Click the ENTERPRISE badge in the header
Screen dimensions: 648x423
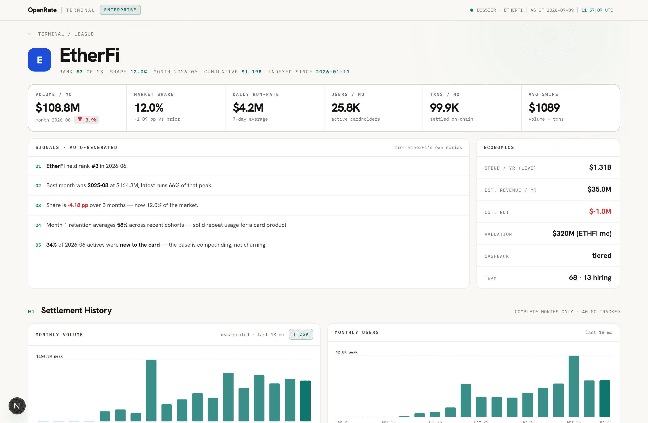120,10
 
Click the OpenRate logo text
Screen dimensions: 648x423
42,10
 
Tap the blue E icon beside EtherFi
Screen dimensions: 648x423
39,60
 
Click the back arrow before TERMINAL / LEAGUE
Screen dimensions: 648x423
31,34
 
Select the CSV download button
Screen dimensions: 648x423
301,334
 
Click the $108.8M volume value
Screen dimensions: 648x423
58,108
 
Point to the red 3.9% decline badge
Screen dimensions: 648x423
87,120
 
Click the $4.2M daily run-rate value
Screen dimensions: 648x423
248,108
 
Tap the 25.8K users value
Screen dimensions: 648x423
346,108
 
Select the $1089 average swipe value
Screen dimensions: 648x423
544,108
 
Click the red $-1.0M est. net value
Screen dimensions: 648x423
600,211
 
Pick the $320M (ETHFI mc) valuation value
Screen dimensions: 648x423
582,234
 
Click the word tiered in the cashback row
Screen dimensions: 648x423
602,256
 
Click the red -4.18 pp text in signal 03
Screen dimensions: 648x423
78,205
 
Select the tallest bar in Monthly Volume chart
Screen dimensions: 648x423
151,390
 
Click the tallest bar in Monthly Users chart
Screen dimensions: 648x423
574,386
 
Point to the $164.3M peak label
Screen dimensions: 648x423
49,356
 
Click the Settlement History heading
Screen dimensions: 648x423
76,310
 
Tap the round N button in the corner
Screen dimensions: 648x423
17,406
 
